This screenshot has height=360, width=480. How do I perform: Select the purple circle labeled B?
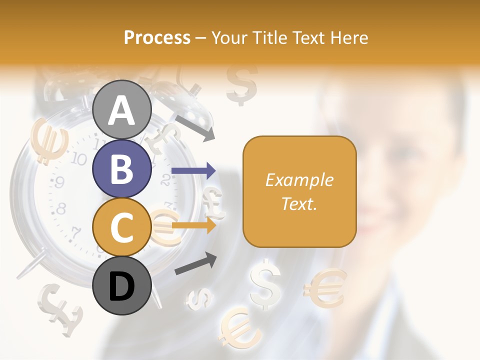tap(122, 168)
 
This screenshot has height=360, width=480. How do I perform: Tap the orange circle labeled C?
tap(122, 227)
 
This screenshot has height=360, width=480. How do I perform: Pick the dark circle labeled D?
tap(122, 285)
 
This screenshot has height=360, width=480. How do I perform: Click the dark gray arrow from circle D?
tap(195, 263)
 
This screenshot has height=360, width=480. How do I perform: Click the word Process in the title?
tap(157, 38)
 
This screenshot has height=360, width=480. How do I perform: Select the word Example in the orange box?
tap(299, 180)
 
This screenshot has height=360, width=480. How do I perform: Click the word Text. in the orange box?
tap(299, 203)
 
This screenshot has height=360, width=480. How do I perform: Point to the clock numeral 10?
tap(78, 159)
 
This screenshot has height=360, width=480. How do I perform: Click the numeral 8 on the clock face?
tap(61, 208)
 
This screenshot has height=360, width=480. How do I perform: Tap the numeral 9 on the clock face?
tap(59, 183)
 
